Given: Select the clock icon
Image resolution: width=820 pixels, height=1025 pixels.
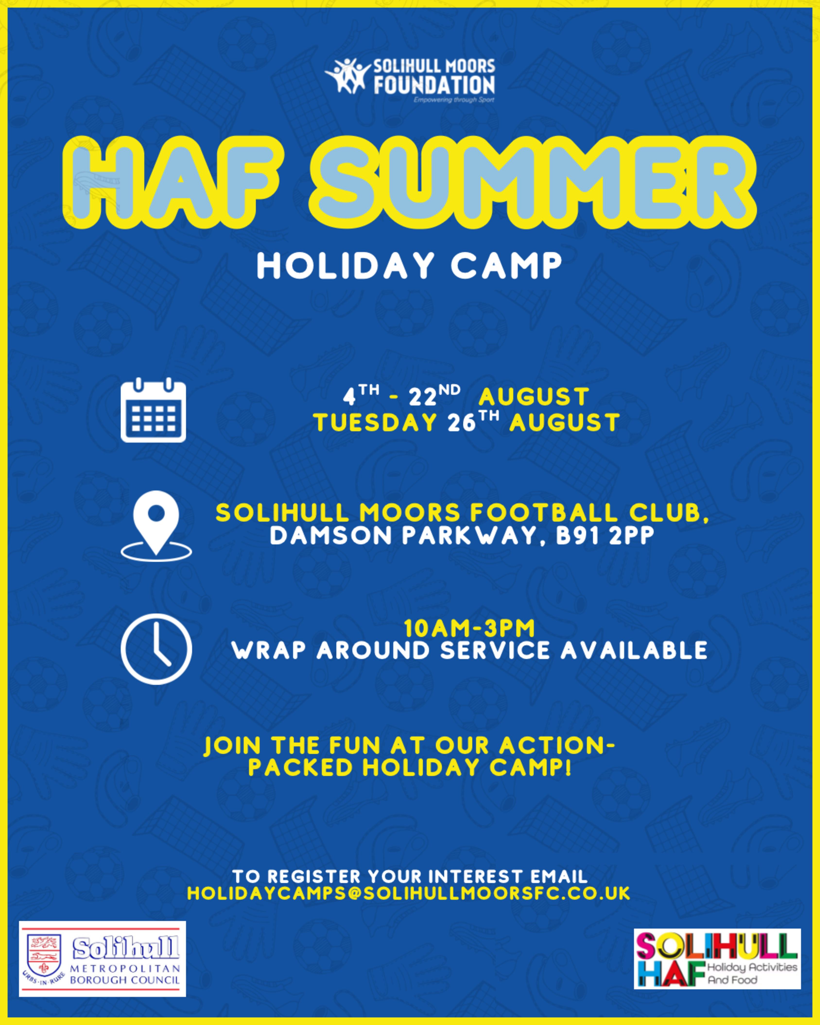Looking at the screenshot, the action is click(x=156, y=649).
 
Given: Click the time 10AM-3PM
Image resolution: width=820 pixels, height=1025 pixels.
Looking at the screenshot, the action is click(x=469, y=629).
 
